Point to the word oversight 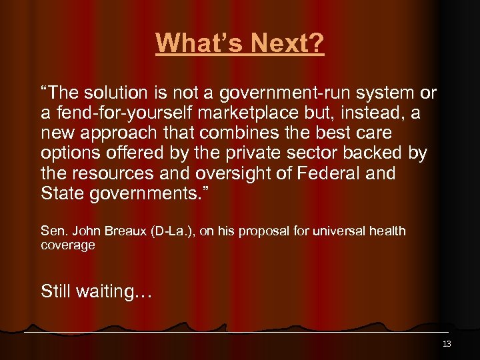[229, 174]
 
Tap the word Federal [325, 174]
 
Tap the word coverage [67, 245]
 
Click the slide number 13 [447, 344]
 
